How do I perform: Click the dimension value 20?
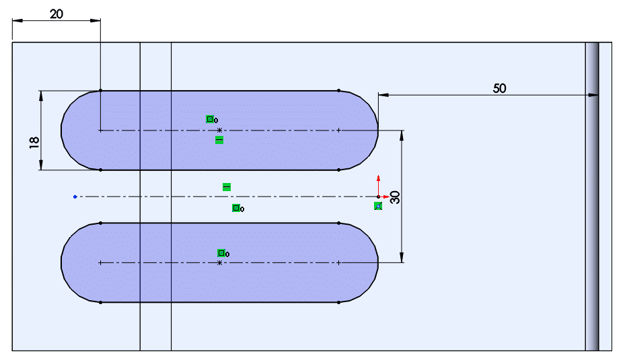[x=56, y=13]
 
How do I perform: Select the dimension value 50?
[x=499, y=87]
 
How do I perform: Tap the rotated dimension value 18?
[x=34, y=142]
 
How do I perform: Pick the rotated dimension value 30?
[x=395, y=197]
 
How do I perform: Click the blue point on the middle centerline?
[x=75, y=196]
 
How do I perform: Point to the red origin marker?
[x=378, y=196]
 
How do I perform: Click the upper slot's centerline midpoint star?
[x=219, y=130]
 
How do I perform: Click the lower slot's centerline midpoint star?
[x=219, y=262]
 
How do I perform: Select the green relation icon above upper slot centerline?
[x=210, y=119]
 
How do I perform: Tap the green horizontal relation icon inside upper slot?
[x=219, y=140]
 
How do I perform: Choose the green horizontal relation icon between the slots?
[x=227, y=186]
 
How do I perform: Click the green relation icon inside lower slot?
[x=221, y=253]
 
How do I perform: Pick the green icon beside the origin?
[x=378, y=206]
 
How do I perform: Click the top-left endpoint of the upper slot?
[x=100, y=90]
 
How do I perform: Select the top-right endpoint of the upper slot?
[x=338, y=90]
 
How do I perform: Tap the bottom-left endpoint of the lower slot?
[x=100, y=302]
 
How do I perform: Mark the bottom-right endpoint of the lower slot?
[x=338, y=302]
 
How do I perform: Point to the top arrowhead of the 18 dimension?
[x=42, y=95]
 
